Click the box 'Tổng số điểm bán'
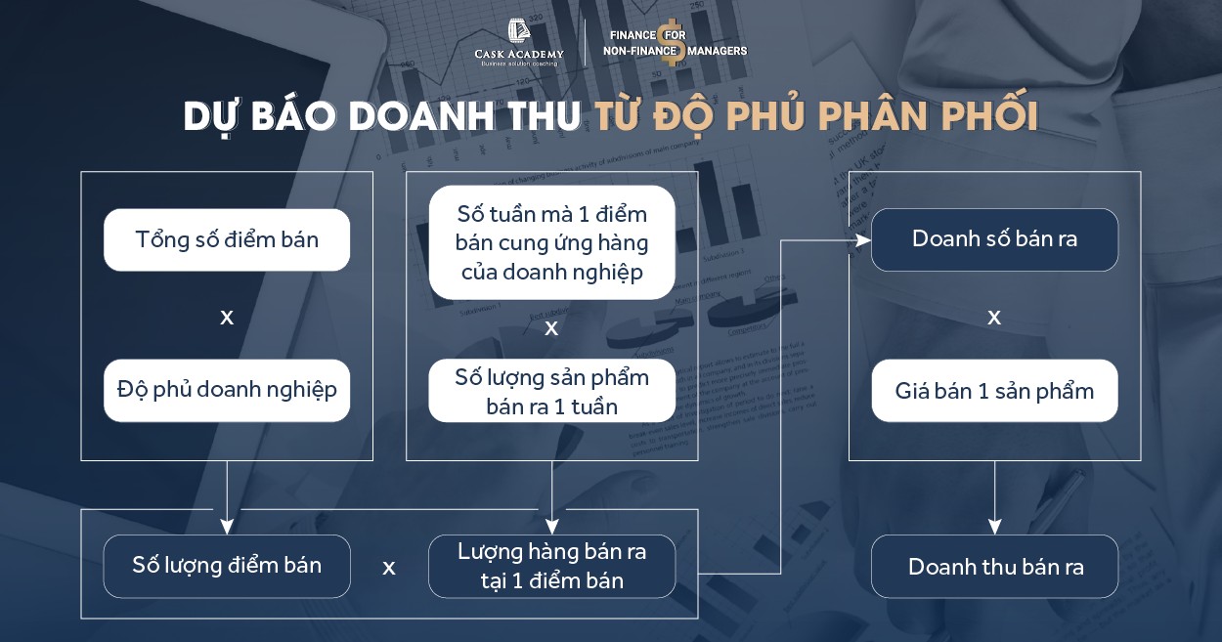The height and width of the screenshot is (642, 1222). (227, 239)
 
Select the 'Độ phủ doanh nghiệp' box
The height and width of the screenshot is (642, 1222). (227, 390)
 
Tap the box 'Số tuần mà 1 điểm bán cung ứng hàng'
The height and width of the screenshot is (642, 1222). (551, 242)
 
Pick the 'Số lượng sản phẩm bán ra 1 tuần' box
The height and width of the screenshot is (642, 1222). (551, 391)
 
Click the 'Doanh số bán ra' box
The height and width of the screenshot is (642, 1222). (994, 239)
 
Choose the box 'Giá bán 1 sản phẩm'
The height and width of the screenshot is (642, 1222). (994, 391)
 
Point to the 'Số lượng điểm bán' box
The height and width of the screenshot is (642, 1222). (227, 566)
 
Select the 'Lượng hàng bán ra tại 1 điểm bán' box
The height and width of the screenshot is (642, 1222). (551, 566)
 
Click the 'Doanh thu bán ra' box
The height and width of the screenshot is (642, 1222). (994, 566)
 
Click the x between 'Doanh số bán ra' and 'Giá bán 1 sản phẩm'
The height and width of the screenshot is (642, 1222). (994, 318)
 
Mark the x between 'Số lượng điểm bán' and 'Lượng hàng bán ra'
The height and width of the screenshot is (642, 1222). (389, 568)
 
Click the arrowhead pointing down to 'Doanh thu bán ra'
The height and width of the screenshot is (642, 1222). (994, 527)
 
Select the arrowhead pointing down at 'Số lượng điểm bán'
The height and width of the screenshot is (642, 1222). (227, 527)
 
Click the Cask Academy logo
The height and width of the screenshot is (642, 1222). (517, 44)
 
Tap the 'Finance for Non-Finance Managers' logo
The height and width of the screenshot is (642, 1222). (676, 44)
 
